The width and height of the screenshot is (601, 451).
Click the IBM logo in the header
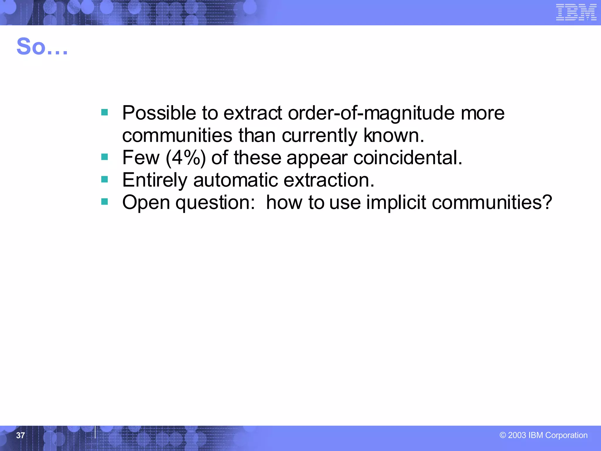coord(576,13)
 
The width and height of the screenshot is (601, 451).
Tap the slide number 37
coord(20,435)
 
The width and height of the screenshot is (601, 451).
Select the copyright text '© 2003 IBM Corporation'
coord(543,435)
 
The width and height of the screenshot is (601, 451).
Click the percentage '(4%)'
coord(185,158)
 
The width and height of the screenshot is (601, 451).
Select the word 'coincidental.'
coord(408,158)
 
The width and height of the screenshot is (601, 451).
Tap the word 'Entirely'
coord(154,180)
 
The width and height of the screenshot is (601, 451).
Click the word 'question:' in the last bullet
coord(215,202)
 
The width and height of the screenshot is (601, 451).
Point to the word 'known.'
coord(394,135)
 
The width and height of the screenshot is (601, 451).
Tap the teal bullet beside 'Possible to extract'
coord(104,112)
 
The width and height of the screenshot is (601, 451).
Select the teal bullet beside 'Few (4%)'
coord(104,157)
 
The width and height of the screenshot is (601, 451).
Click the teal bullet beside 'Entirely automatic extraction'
coord(104,179)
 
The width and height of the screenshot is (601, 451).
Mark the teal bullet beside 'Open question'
coord(104,201)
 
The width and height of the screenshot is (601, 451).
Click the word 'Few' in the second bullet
coord(141,158)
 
